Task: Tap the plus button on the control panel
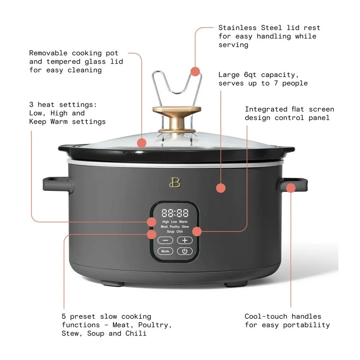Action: [x=185, y=240]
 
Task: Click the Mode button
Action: [x=165, y=251]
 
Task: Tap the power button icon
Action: [x=185, y=251]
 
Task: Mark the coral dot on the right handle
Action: [x=291, y=187]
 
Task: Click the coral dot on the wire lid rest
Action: [x=195, y=71]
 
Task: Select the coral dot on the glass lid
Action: [x=142, y=143]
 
